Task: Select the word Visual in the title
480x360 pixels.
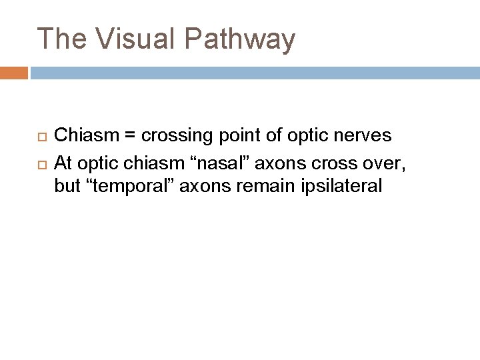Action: [x=134, y=39]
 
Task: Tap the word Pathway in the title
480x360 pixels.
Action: [x=239, y=39]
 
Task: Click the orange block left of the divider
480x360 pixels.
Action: [x=14, y=72]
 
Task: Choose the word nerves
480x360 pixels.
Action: [x=362, y=136]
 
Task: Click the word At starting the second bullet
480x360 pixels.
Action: [x=63, y=161]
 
